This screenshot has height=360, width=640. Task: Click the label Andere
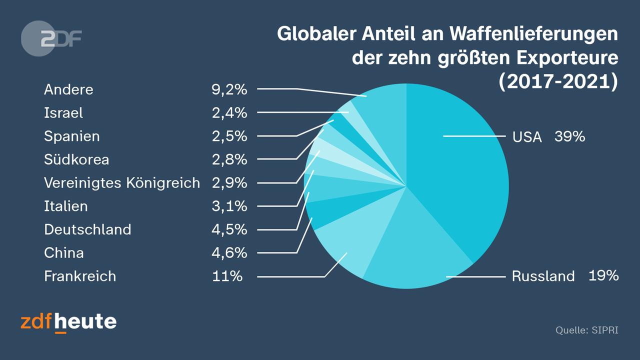[x=68, y=89]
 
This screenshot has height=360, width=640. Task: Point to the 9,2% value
[x=229, y=89]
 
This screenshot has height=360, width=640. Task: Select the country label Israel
[x=63, y=113]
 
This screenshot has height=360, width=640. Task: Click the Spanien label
[x=72, y=136]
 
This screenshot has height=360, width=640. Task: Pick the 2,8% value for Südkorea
[x=229, y=159]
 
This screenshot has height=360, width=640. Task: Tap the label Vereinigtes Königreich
[x=122, y=183]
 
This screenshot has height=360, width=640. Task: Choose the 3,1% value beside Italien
[x=229, y=206]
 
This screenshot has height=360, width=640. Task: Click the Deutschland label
[x=87, y=229]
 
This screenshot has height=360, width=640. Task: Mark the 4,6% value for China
[x=229, y=252]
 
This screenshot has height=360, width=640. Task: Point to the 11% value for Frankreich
[x=227, y=276]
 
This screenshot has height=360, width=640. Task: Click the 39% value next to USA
[x=569, y=136]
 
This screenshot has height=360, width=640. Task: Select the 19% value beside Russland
[x=603, y=275]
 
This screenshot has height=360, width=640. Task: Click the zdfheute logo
[x=68, y=321]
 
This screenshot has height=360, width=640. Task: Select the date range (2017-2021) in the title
[x=558, y=81]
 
